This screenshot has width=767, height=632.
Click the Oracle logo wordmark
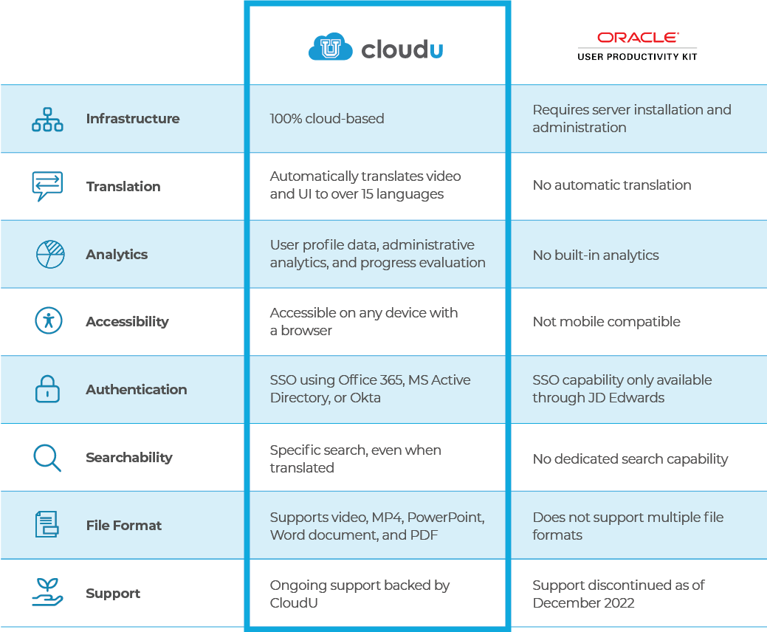click(x=637, y=37)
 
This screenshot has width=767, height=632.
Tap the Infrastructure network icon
click(x=47, y=119)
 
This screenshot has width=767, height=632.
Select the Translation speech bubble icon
click(x=47, y=186)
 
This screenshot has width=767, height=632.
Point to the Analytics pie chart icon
click(x=50, y=254)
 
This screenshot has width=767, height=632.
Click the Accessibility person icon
click(x=49, y=321)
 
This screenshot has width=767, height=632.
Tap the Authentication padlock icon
click(x=47, y=389)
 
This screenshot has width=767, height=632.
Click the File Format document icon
click(x=47, y=525)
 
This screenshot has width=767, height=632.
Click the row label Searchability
click(x=129, y=458)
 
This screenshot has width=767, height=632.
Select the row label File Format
click(x=124, y=526)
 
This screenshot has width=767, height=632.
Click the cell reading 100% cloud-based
click(x=327, y=119)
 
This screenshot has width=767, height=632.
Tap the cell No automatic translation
click(x=612, y=185)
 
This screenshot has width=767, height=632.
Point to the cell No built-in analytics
click(x=596, y=255)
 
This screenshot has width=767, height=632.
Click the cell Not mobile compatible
click(x=606, y=322)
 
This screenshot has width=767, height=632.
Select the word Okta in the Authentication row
click(x=365, y=398)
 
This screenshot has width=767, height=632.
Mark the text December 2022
click(x=583, y=602)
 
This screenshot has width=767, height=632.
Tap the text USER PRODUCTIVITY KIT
click(x=637, y=56)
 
